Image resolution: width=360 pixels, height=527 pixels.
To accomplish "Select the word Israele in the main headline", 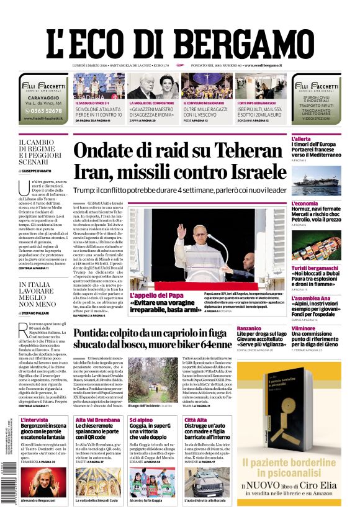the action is [x=248, y=173].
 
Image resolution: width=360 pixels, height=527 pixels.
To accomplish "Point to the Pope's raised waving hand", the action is [x=181, y=232].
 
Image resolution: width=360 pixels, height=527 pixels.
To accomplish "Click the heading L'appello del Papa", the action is [x=156, y=295].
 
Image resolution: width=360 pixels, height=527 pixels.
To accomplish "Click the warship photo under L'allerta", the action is [x=316, y=181].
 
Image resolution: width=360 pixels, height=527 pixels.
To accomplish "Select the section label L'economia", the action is [x=305, y=203].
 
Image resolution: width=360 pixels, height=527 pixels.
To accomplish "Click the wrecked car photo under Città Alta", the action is [x=204, y=481].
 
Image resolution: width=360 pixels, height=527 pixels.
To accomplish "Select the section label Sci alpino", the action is [x=141, y=420].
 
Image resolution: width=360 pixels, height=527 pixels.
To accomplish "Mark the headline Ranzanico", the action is [x=249, y=328].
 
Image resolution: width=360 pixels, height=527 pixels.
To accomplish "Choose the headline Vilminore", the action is [x=304, y=328].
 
